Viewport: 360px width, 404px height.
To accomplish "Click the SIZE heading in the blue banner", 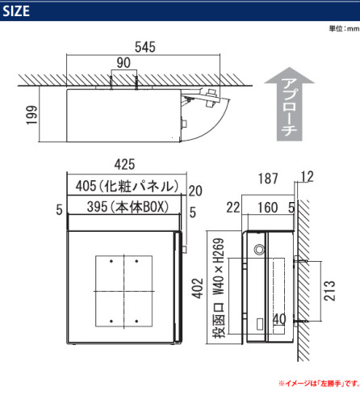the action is click(16, 11).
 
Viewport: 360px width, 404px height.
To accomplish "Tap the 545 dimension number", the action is click(145, 47).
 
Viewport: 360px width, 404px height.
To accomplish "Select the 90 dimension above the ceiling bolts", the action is click(123, 63).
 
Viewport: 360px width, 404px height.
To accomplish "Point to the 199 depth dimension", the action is click(31, 115).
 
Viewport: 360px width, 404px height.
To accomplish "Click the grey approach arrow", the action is click(290, 104).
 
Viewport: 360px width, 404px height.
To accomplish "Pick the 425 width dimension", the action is click(124, 164).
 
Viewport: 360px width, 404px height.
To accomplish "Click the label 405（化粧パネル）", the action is click(127, 186).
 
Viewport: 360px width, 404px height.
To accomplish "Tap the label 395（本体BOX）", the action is click(128, 207).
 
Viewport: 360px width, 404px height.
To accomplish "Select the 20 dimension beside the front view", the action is click(195, 191).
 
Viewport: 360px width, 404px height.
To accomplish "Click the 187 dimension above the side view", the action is click(268, 179).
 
